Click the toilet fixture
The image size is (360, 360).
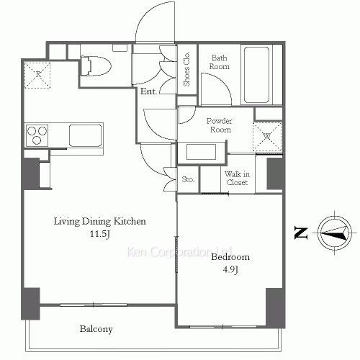[96, 66]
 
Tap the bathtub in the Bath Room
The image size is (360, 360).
[256, 75]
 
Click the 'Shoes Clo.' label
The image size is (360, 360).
[186, 69]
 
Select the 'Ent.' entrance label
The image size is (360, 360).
[148, 91]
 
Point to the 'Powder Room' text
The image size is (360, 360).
[220, 125]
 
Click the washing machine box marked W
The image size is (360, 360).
[267, 137]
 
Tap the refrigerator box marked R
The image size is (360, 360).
[37, 75]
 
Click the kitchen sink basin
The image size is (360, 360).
[86, 135]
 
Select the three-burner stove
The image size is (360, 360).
[37, 135]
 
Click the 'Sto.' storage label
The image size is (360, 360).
[188, 179]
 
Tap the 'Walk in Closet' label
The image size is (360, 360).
[237, 178]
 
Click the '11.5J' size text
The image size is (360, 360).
[100, 234]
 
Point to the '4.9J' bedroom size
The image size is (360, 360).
[230, 269]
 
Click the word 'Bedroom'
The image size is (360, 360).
[230, 257]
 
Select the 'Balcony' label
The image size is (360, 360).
[96, 329]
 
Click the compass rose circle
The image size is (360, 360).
[335, 233]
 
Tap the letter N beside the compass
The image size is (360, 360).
[301, 233]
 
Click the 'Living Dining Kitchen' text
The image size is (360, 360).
[100, 221]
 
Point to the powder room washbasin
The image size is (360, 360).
[201, 152]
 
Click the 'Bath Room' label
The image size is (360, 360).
[219, 62]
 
